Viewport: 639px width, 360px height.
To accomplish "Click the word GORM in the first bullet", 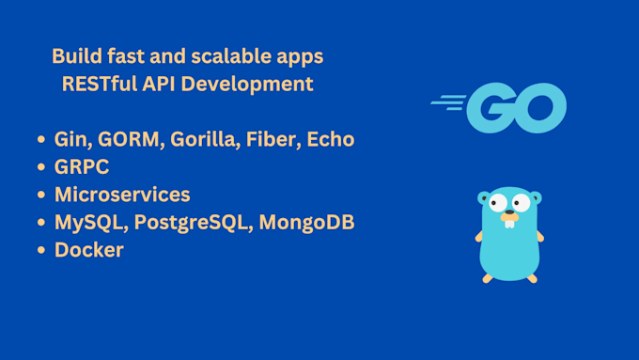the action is [x=129, y=139].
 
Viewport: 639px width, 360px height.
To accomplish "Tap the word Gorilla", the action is [x=203, y=139].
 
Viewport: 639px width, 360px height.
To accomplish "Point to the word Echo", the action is [x=331, y=139].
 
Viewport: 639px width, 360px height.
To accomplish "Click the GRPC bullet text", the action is [x=82, y=166].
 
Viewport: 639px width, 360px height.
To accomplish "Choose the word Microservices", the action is [x=122, y=195].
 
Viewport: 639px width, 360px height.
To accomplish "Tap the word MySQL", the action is [x=88, y=223].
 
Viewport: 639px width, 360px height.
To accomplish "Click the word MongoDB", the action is [x=307, y=222].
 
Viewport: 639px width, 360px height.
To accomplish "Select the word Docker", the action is [x=89, y=250].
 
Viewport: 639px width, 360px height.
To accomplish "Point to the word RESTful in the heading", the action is [x=100, y=84].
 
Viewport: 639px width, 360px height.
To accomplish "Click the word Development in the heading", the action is [x=247, y=85].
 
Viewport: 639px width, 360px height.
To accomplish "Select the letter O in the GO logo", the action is [x=540, y=108].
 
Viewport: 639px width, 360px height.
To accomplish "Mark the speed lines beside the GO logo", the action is [x=448, y=102].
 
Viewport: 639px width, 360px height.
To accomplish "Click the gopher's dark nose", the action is [x=509, y=212].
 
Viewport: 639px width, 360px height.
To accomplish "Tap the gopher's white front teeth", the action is [x=509, y=224].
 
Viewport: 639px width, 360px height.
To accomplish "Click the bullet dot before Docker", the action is [x=40, y=250].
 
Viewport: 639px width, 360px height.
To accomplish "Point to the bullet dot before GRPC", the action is [x=40, y=166].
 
